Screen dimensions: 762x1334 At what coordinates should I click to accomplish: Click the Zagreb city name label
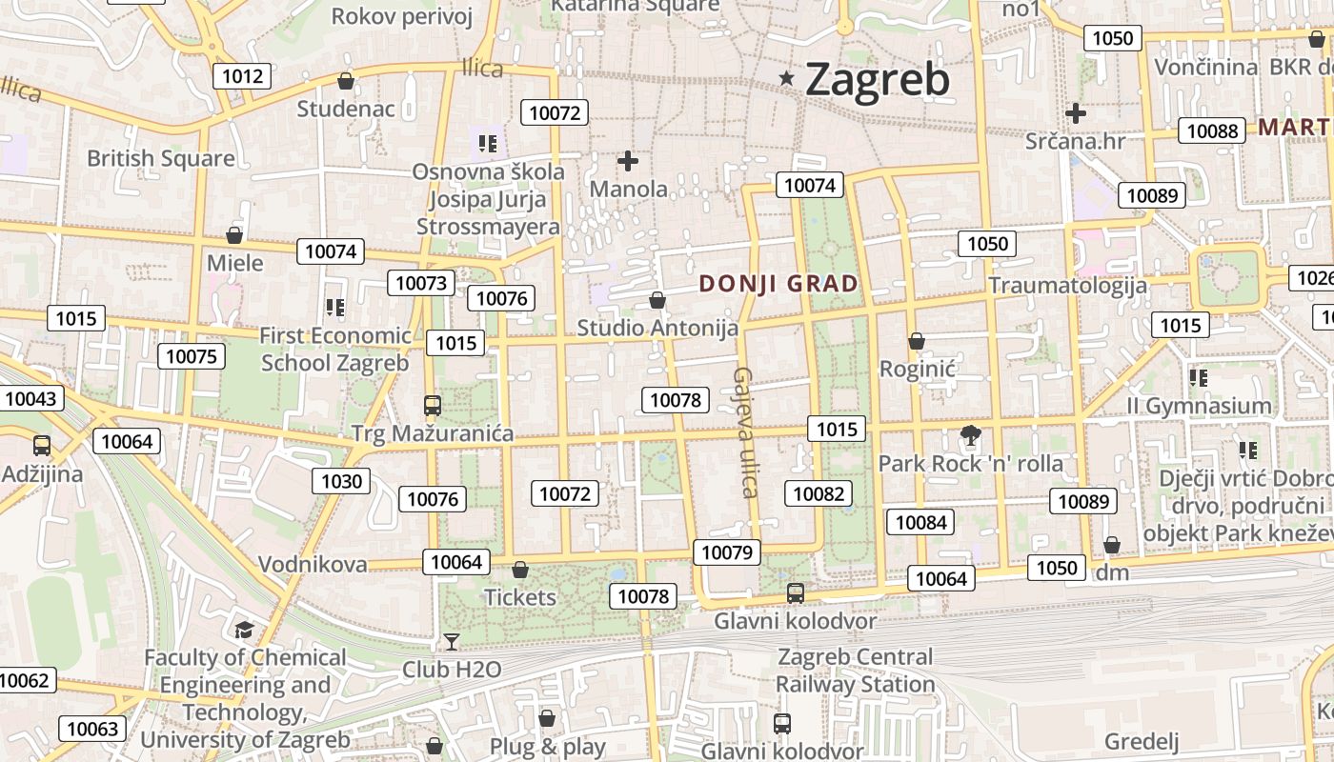tap(878, 79)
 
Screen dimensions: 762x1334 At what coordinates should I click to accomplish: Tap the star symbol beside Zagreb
tap(786, 78)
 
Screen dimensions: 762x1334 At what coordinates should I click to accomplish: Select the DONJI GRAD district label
tap(778, 283)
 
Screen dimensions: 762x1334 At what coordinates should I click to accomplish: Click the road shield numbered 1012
tap(242, 76)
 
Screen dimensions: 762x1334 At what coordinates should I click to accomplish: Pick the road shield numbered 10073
tap(420, 283)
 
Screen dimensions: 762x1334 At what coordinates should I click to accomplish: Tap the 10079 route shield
tap(727, 552)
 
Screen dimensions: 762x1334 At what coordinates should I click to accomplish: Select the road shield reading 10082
tap(819, 493)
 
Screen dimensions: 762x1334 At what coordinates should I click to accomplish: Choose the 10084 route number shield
tap(920, 522)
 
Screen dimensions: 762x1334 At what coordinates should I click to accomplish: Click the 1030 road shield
tap(341, 481)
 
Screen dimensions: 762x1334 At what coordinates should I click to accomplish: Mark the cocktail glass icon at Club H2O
tap(452, 642)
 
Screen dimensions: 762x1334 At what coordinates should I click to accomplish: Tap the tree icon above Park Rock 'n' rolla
tap(970, 436)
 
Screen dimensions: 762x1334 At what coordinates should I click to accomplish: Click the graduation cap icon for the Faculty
tap(245, 630)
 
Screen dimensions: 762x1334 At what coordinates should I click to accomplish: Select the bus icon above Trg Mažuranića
tap(433, 406)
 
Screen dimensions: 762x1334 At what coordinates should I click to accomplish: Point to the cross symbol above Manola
tap(628, 161)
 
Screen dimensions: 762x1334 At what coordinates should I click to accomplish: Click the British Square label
tap(160, 158)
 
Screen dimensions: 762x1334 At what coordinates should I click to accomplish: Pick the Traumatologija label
tap(1067, 285)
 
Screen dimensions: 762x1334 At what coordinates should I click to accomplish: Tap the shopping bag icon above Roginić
tap(917, 341)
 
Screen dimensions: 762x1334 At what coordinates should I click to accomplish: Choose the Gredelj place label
tap(1142, 741)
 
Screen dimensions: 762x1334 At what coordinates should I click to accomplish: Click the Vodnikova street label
tap(313, 564)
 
